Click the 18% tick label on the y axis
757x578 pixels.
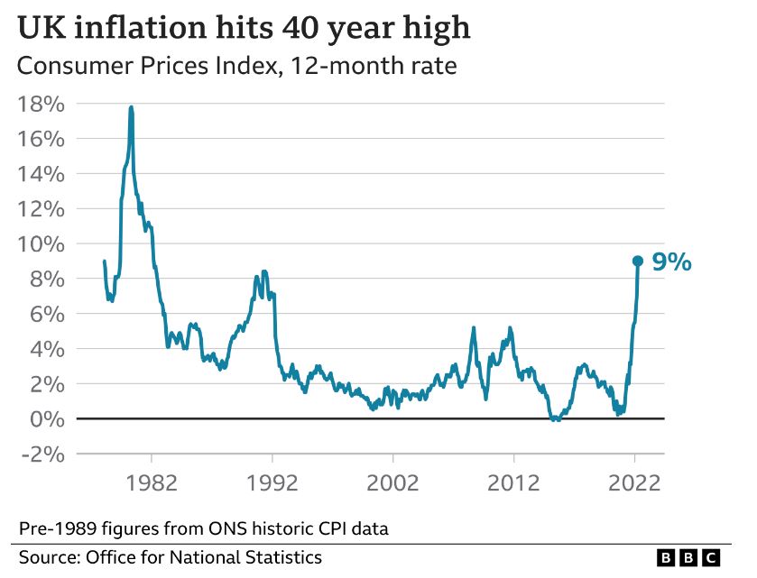[41, 104]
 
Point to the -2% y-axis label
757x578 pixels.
[41, 454]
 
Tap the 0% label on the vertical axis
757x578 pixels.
[47, 419]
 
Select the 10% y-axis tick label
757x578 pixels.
[41, 244]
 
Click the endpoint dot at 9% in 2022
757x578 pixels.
[637, 261]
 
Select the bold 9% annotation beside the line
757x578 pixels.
[671, 262]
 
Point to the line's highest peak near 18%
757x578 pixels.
[132, 108]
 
